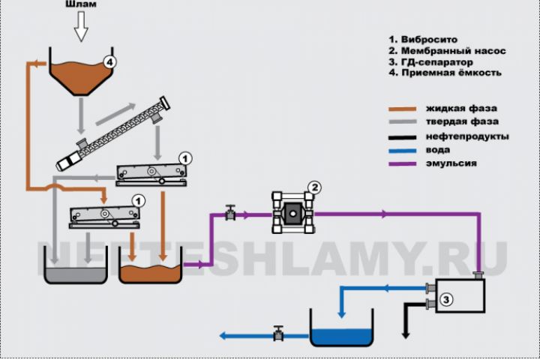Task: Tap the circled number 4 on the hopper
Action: pyautogui.click(x=110, y=63)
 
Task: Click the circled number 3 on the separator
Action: pyautogui.click(x=446, y=301)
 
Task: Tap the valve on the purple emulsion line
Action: pyautogui.click(x=231, y=214)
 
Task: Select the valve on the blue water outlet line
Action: pyautogui.click(x=279, y=334)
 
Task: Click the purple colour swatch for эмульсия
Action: pyautogui.click(x=413, y=163)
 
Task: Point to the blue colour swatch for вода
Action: pyautogui.click(x=413, y=149)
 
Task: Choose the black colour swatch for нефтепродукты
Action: pyautogui.click(x=413, y=136)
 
